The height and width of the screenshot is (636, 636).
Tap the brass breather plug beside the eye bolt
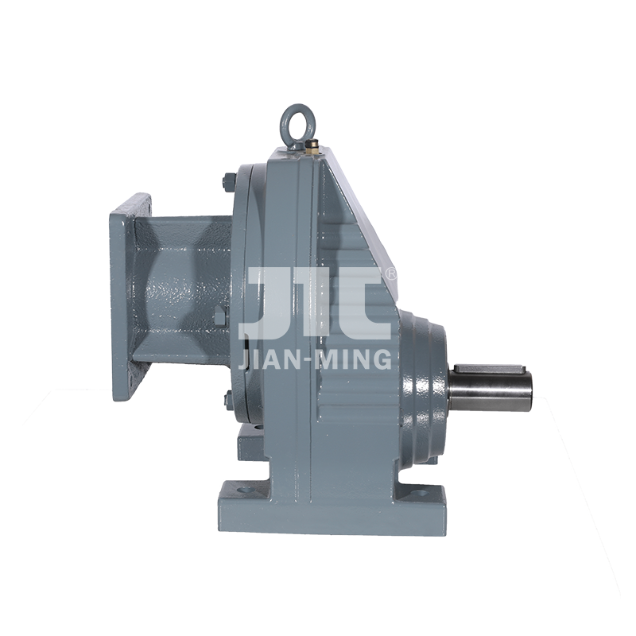coord(312,145)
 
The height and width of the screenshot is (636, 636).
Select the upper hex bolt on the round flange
coord(229,181)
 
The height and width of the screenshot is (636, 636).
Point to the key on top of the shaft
coord(489,369)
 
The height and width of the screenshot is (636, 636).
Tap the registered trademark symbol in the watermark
coord(391,273)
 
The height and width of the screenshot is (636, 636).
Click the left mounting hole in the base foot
coord(244,490)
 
